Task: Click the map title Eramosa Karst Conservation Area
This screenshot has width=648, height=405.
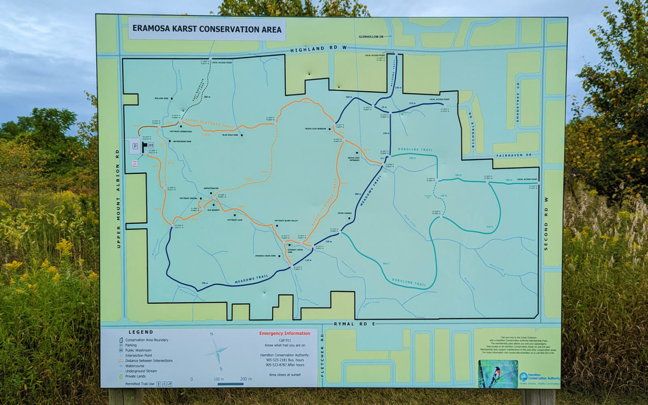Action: (207, 29)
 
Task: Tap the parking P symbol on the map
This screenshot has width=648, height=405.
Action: (135, 146)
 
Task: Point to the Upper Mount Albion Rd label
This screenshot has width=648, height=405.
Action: (118, 198)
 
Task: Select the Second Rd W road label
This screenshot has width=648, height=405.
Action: (546, 224)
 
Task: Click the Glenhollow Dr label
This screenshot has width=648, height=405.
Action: (371, 37)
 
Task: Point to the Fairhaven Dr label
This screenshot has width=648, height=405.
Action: (513, 155)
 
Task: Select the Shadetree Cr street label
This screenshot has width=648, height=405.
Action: (518, 102)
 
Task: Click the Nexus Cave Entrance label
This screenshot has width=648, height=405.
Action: (354, 159)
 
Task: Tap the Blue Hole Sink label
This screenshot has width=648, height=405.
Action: (230, 135)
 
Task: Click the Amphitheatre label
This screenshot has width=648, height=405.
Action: (211, 188)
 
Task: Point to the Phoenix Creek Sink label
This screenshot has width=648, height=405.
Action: (265, 256)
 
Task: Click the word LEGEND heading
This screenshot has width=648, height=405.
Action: (141, 332)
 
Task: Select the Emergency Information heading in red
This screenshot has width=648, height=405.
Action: (284, 333)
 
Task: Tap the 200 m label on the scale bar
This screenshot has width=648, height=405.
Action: (246, 379)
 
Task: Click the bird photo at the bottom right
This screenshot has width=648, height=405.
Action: (498, 374)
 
